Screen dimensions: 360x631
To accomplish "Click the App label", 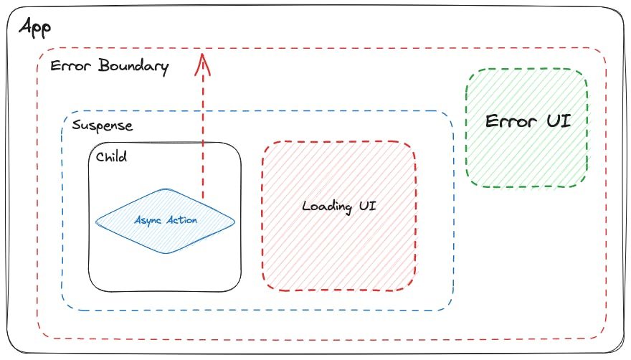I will pyautogui.click(x=35, y=30).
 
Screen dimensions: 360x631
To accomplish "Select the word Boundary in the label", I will pyautogui.click(x=134, y=67).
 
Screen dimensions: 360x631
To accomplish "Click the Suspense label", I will pyautogui.click(x=103, y=125).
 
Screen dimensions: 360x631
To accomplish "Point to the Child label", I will pyautogui.click(x=111, y=156).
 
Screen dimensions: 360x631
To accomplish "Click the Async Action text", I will pyautogui.click(x=166, y=220).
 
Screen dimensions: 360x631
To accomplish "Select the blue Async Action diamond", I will pyautogui.click(x=166, y=233).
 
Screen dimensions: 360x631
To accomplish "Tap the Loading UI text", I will pyautogui.click(x=338, y=207).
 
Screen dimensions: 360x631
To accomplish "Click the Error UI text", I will pyautogui.click(x=528, y=120).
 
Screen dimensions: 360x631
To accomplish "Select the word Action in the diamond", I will pyautogui.click(x=181, y=220).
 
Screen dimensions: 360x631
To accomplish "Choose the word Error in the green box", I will pyautogui.click(x=511, y=120).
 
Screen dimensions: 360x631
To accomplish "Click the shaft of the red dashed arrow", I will pyautogui.click(x=204, y=129).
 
